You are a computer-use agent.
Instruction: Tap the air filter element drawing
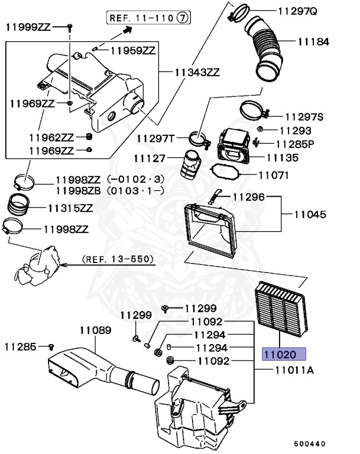point(278,306)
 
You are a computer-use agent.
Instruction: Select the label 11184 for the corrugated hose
point(313,42)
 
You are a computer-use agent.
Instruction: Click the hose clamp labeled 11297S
point(253,111)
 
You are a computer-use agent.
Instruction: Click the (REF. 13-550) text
point(118,259)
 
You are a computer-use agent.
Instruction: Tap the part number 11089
point(96,330)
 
